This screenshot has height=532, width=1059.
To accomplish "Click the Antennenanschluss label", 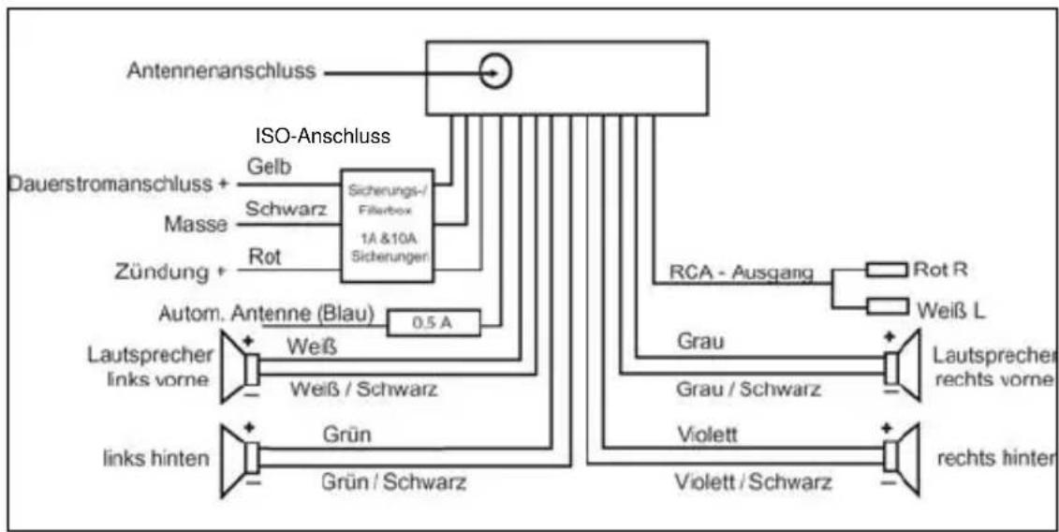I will (224, 72).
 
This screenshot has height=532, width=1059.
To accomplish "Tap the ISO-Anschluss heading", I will (322, 136).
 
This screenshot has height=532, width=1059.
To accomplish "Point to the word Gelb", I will (270, 166).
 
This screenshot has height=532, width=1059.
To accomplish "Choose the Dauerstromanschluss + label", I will (118, 184).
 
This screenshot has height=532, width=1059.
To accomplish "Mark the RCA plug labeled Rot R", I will (885, 270).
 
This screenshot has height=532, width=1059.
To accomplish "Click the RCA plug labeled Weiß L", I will (885, 306).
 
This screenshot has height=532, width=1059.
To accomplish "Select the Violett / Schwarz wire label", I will (754, 482).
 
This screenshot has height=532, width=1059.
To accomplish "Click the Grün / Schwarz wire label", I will (394, 483).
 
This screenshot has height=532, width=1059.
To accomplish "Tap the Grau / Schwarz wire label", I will (748, 390).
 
